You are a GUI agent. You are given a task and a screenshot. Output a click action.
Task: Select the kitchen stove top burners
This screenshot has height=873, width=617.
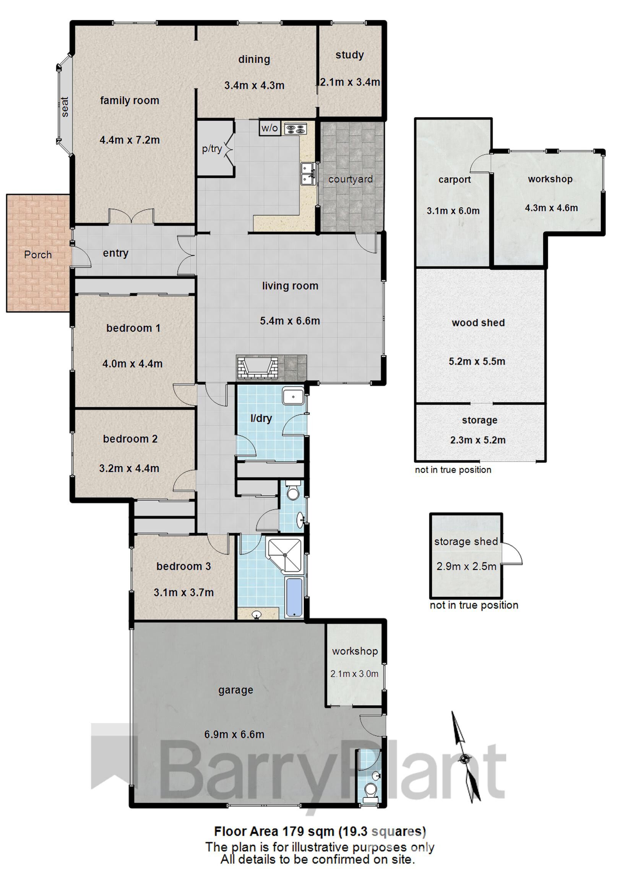pos(296,128)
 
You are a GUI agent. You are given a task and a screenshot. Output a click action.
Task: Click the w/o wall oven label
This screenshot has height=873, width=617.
pos(270,128)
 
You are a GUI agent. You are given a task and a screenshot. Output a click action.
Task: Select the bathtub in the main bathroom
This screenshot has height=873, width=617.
pos(294,597)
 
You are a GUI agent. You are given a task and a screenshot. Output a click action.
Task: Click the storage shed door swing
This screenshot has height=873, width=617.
pos(511,553)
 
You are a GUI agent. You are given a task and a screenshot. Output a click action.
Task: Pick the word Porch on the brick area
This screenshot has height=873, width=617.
pos(37,255)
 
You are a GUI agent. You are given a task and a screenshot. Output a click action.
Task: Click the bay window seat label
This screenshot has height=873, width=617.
pos(65,107)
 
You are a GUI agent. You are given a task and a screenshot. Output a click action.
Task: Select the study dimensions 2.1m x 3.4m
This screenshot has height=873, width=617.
pos(350,82)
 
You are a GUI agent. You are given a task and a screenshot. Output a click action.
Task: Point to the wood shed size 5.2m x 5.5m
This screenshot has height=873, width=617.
pos(477,361)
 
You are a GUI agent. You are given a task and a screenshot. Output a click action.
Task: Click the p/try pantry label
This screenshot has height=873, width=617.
pos(211,149)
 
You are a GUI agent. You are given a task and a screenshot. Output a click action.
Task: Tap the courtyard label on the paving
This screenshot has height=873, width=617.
pos(350,179)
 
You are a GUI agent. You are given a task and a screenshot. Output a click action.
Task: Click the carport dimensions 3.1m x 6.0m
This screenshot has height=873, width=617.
pos(453,211)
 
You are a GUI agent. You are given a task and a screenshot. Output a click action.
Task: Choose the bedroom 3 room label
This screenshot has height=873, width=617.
pos(183,566)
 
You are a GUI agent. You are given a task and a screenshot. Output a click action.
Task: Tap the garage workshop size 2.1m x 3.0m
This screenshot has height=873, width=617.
pos(354,674)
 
